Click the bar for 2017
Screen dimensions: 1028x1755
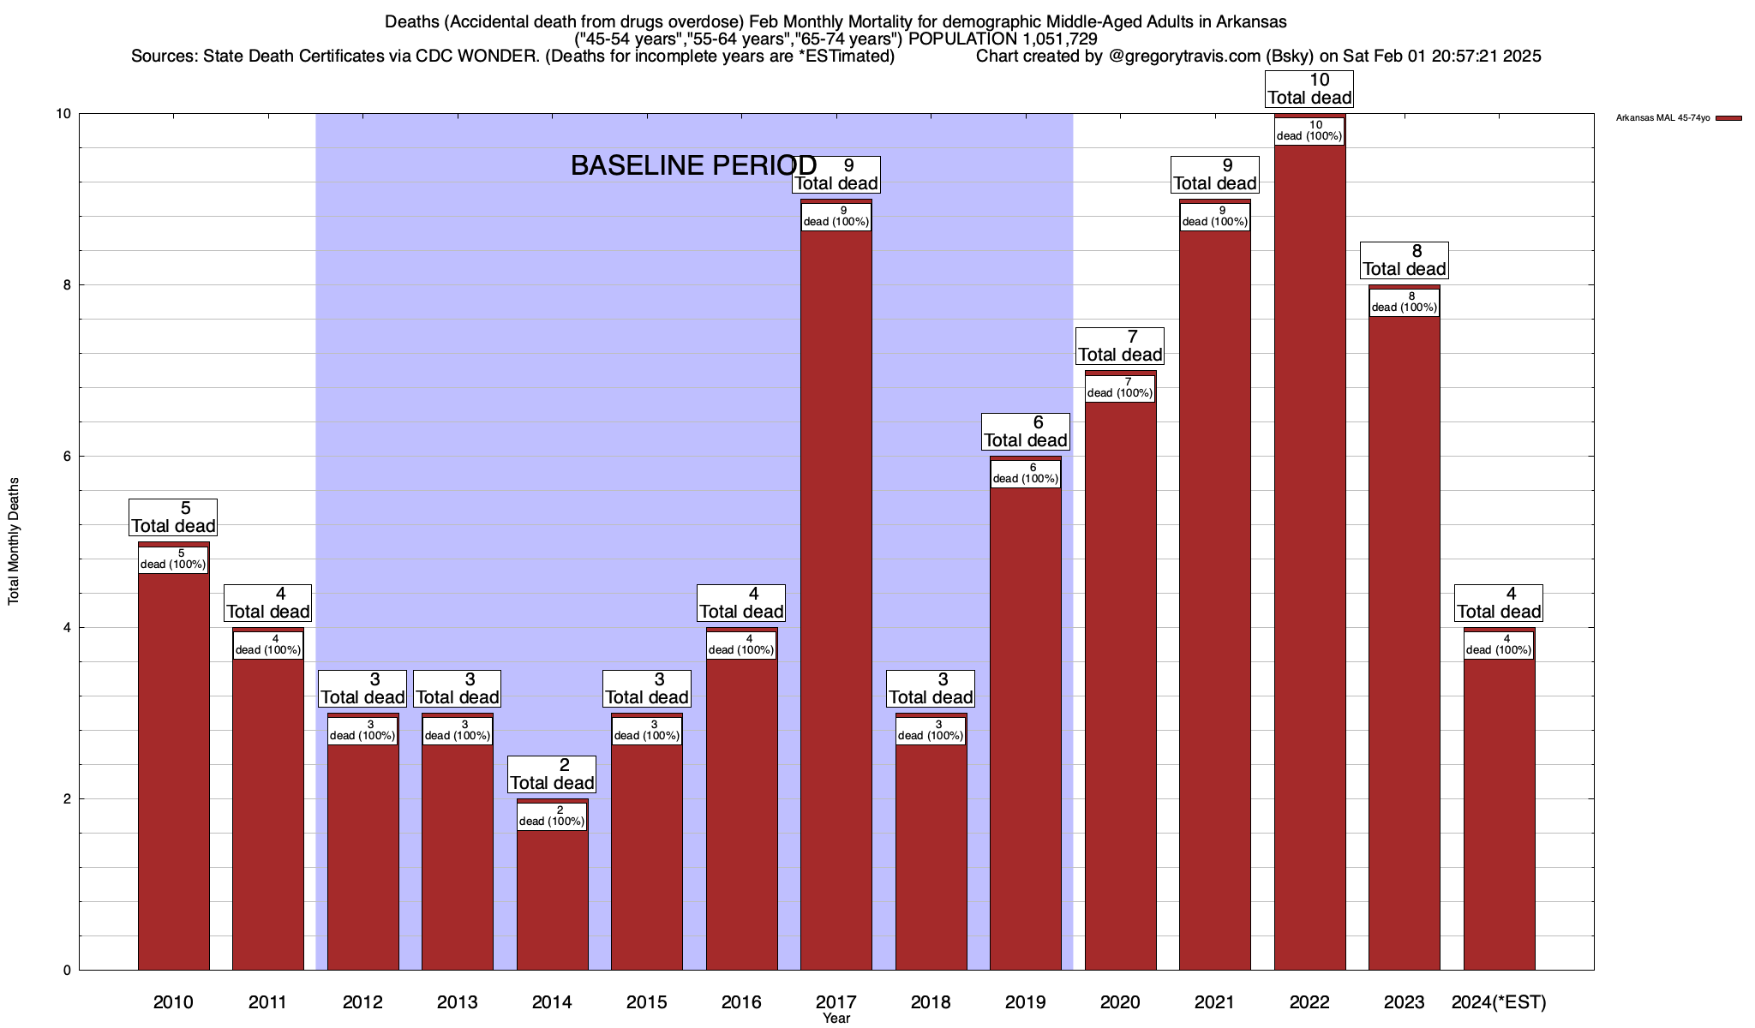pos(836,600)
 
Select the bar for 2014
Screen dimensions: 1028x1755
pos(552,899)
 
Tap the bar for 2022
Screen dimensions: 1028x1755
pos(1309,557)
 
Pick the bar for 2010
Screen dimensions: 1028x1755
pos(173,771)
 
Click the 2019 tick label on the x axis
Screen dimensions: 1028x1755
pos(1025,1002)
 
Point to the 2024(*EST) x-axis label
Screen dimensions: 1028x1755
pos(1499,1002)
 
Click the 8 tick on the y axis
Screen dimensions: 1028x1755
pos(66,285)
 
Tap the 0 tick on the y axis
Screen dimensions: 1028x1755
pos(66,971)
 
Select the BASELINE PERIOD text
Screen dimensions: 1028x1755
pos(693,165)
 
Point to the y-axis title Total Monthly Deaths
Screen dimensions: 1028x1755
pos(14,541)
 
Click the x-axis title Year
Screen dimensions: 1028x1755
pos(836,1019)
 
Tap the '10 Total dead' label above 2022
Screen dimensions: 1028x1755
pos(1309,89)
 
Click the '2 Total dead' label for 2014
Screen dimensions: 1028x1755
pos(552,774)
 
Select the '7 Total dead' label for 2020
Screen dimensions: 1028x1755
pos(1120,346)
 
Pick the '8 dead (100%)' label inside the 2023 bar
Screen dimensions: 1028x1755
pos(1404,302)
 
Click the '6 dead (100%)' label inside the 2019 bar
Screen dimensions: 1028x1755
pos(1025,474)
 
